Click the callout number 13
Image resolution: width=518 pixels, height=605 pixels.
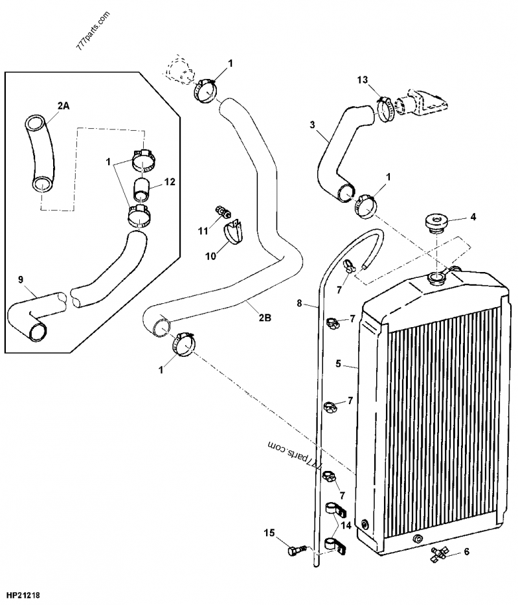(x=363, y=80)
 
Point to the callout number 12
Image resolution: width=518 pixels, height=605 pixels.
(x=169, y=183)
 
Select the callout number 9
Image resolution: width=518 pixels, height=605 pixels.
(x=21, y=279)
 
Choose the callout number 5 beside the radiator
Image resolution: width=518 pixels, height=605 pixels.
(x=337, y=363)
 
